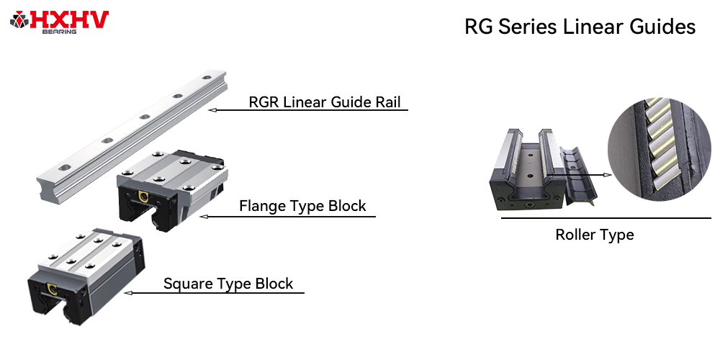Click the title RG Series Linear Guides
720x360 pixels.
(580, 27)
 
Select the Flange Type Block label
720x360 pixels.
(302, 206)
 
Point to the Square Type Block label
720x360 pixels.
(228, 283)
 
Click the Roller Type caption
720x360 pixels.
(595, 235)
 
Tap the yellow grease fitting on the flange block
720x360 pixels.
(143, 197)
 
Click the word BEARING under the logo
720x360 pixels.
(60, 32)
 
